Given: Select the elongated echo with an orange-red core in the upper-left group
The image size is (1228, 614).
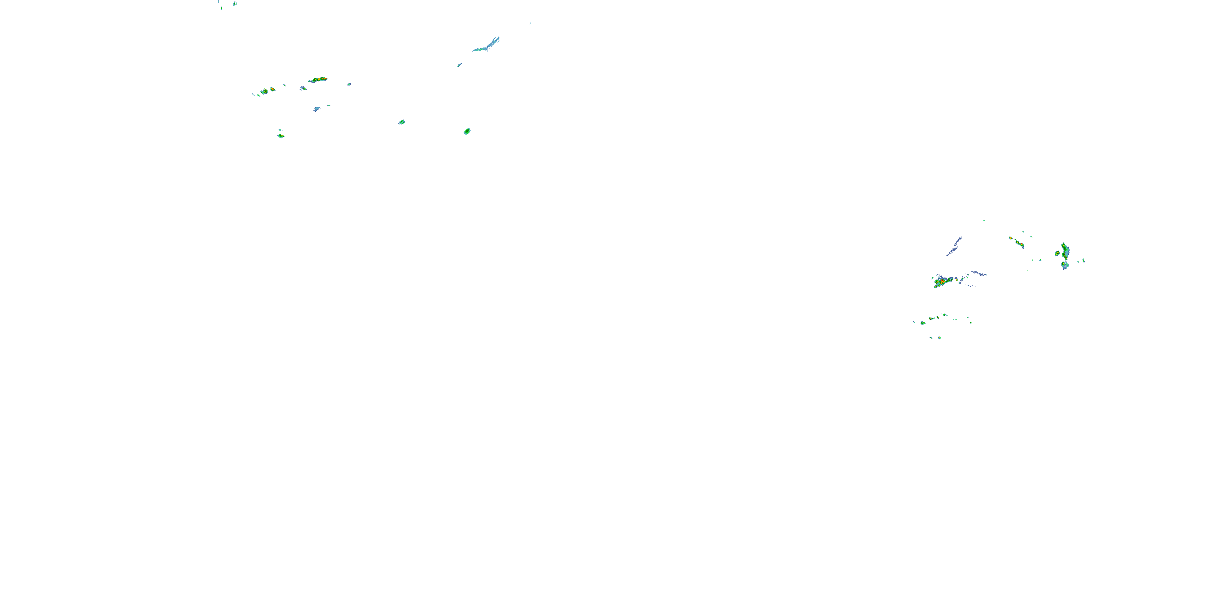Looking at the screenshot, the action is click(x=318, y=79).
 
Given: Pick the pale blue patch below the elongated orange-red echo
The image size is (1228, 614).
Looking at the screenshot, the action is click(x=316, y=109).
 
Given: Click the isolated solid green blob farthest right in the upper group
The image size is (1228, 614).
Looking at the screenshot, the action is click(x=467, y=131).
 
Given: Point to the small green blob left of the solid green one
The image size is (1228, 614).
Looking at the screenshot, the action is click(x=402, y=122).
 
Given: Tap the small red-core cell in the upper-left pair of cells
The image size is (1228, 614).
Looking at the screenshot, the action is click(x=273, y=89).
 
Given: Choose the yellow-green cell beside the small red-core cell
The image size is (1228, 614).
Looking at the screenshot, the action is click(x=264, y=91).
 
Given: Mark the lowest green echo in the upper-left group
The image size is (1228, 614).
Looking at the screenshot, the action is click(x=281, y=136).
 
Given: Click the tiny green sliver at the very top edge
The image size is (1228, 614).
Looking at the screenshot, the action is click(x=221, y=8).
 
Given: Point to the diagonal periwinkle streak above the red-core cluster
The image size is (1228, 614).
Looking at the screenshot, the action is click(x=955, y=246).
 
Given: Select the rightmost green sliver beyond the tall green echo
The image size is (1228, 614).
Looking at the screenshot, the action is click(x=1084, y=260).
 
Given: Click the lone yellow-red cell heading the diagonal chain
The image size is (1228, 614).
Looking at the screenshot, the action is click(x=1011, y=238).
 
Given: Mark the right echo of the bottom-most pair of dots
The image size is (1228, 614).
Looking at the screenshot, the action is click(x=939, y=338).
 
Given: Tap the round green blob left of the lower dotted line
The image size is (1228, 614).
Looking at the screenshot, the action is click(x=923, y=323).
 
